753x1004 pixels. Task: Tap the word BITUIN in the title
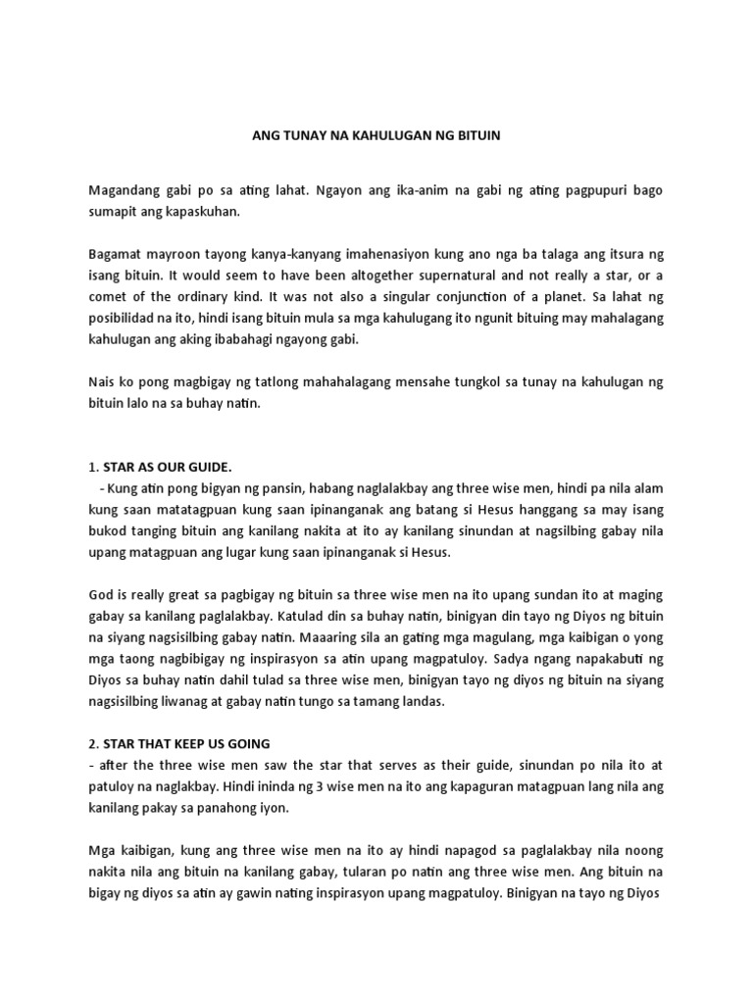pyautogui.click(x=477, y=136)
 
